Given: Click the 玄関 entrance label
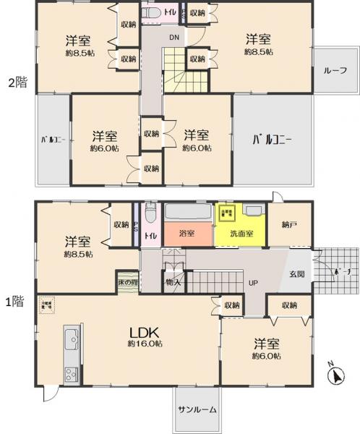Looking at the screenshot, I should [x=297, y=274].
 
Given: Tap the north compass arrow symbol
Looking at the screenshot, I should [x=334, y=375].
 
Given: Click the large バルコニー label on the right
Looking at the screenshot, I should [x=272, y=140].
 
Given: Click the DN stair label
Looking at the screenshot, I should [x=174, y=37].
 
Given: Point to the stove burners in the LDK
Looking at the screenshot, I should [x=71, y=374].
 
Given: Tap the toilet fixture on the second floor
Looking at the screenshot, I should [x=152, y=14].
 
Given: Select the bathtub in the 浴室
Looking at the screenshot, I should [x=188, y=213].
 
